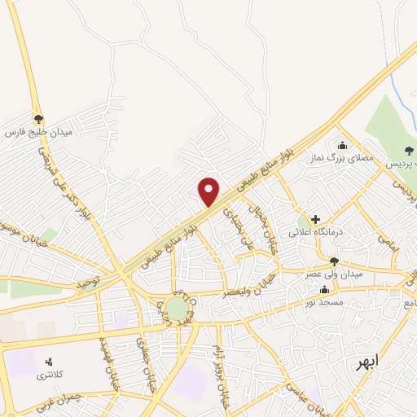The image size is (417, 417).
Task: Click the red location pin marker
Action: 209,191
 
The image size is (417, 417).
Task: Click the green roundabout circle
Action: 177,308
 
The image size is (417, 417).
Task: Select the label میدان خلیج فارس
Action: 39,131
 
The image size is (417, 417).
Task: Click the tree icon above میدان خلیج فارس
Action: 38,118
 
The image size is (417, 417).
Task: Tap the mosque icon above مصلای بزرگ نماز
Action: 340,146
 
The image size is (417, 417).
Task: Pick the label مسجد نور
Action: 326,302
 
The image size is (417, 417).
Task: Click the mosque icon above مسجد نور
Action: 325,290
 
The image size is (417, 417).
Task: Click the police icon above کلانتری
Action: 48,362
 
